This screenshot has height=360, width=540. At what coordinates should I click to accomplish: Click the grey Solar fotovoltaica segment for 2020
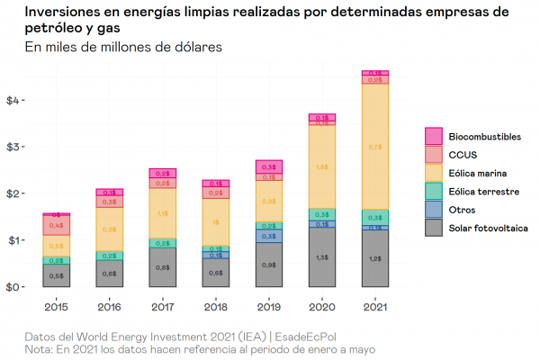[321, 257]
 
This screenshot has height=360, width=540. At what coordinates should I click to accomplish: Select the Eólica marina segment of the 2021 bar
[375, 146]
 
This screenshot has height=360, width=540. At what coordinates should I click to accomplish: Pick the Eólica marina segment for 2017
[162, 213]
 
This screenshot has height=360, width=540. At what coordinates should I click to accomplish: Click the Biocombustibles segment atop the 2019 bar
[268, 166]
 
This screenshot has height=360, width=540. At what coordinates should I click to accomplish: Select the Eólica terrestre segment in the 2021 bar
[375, 218]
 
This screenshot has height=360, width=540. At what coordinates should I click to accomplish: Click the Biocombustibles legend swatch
[434, 136]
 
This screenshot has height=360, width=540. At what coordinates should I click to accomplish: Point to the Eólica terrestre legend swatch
[434, 192]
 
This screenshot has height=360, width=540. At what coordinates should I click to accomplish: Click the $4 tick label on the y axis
[15, 100]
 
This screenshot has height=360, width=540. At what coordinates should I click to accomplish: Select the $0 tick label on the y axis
[15, 287]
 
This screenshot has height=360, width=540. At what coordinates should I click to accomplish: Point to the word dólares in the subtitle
[195, 46]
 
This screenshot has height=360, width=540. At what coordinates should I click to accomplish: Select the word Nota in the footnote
[40, 348]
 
